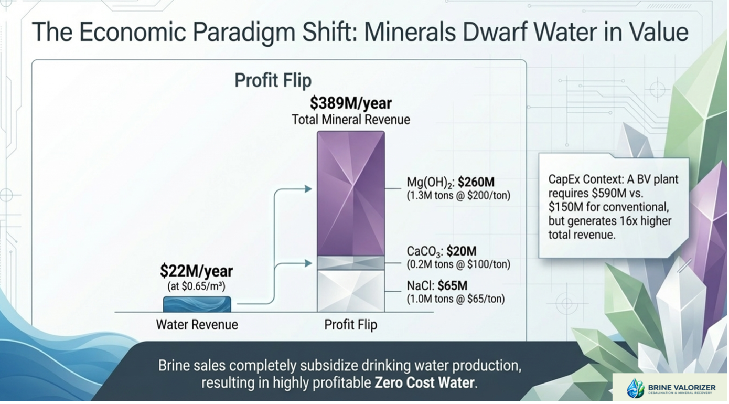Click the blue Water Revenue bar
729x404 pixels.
coord(197,304)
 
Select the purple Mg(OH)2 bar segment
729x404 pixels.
coord(351,194)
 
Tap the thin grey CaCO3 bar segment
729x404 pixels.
coord(351,263)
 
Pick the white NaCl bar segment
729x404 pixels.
coord(351,291)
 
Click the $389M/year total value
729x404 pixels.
coord(350,103)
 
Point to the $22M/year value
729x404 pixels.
coord(197,271)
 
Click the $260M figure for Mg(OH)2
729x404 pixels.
coord(476,182)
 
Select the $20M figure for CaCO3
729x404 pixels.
coord(462,251)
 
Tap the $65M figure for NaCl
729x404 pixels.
coord(453,285)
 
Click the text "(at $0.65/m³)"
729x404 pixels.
coord(196,286)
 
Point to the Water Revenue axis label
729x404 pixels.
coord(197,325)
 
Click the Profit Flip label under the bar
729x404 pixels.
coord(350,325)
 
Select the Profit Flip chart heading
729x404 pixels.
coord(273,80)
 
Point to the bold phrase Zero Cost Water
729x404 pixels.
coord(424,382)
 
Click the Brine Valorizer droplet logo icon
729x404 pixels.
coord(636,388)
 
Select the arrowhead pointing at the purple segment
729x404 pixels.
coord(308,189)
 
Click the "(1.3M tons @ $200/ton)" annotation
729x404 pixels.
coord(458,196)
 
